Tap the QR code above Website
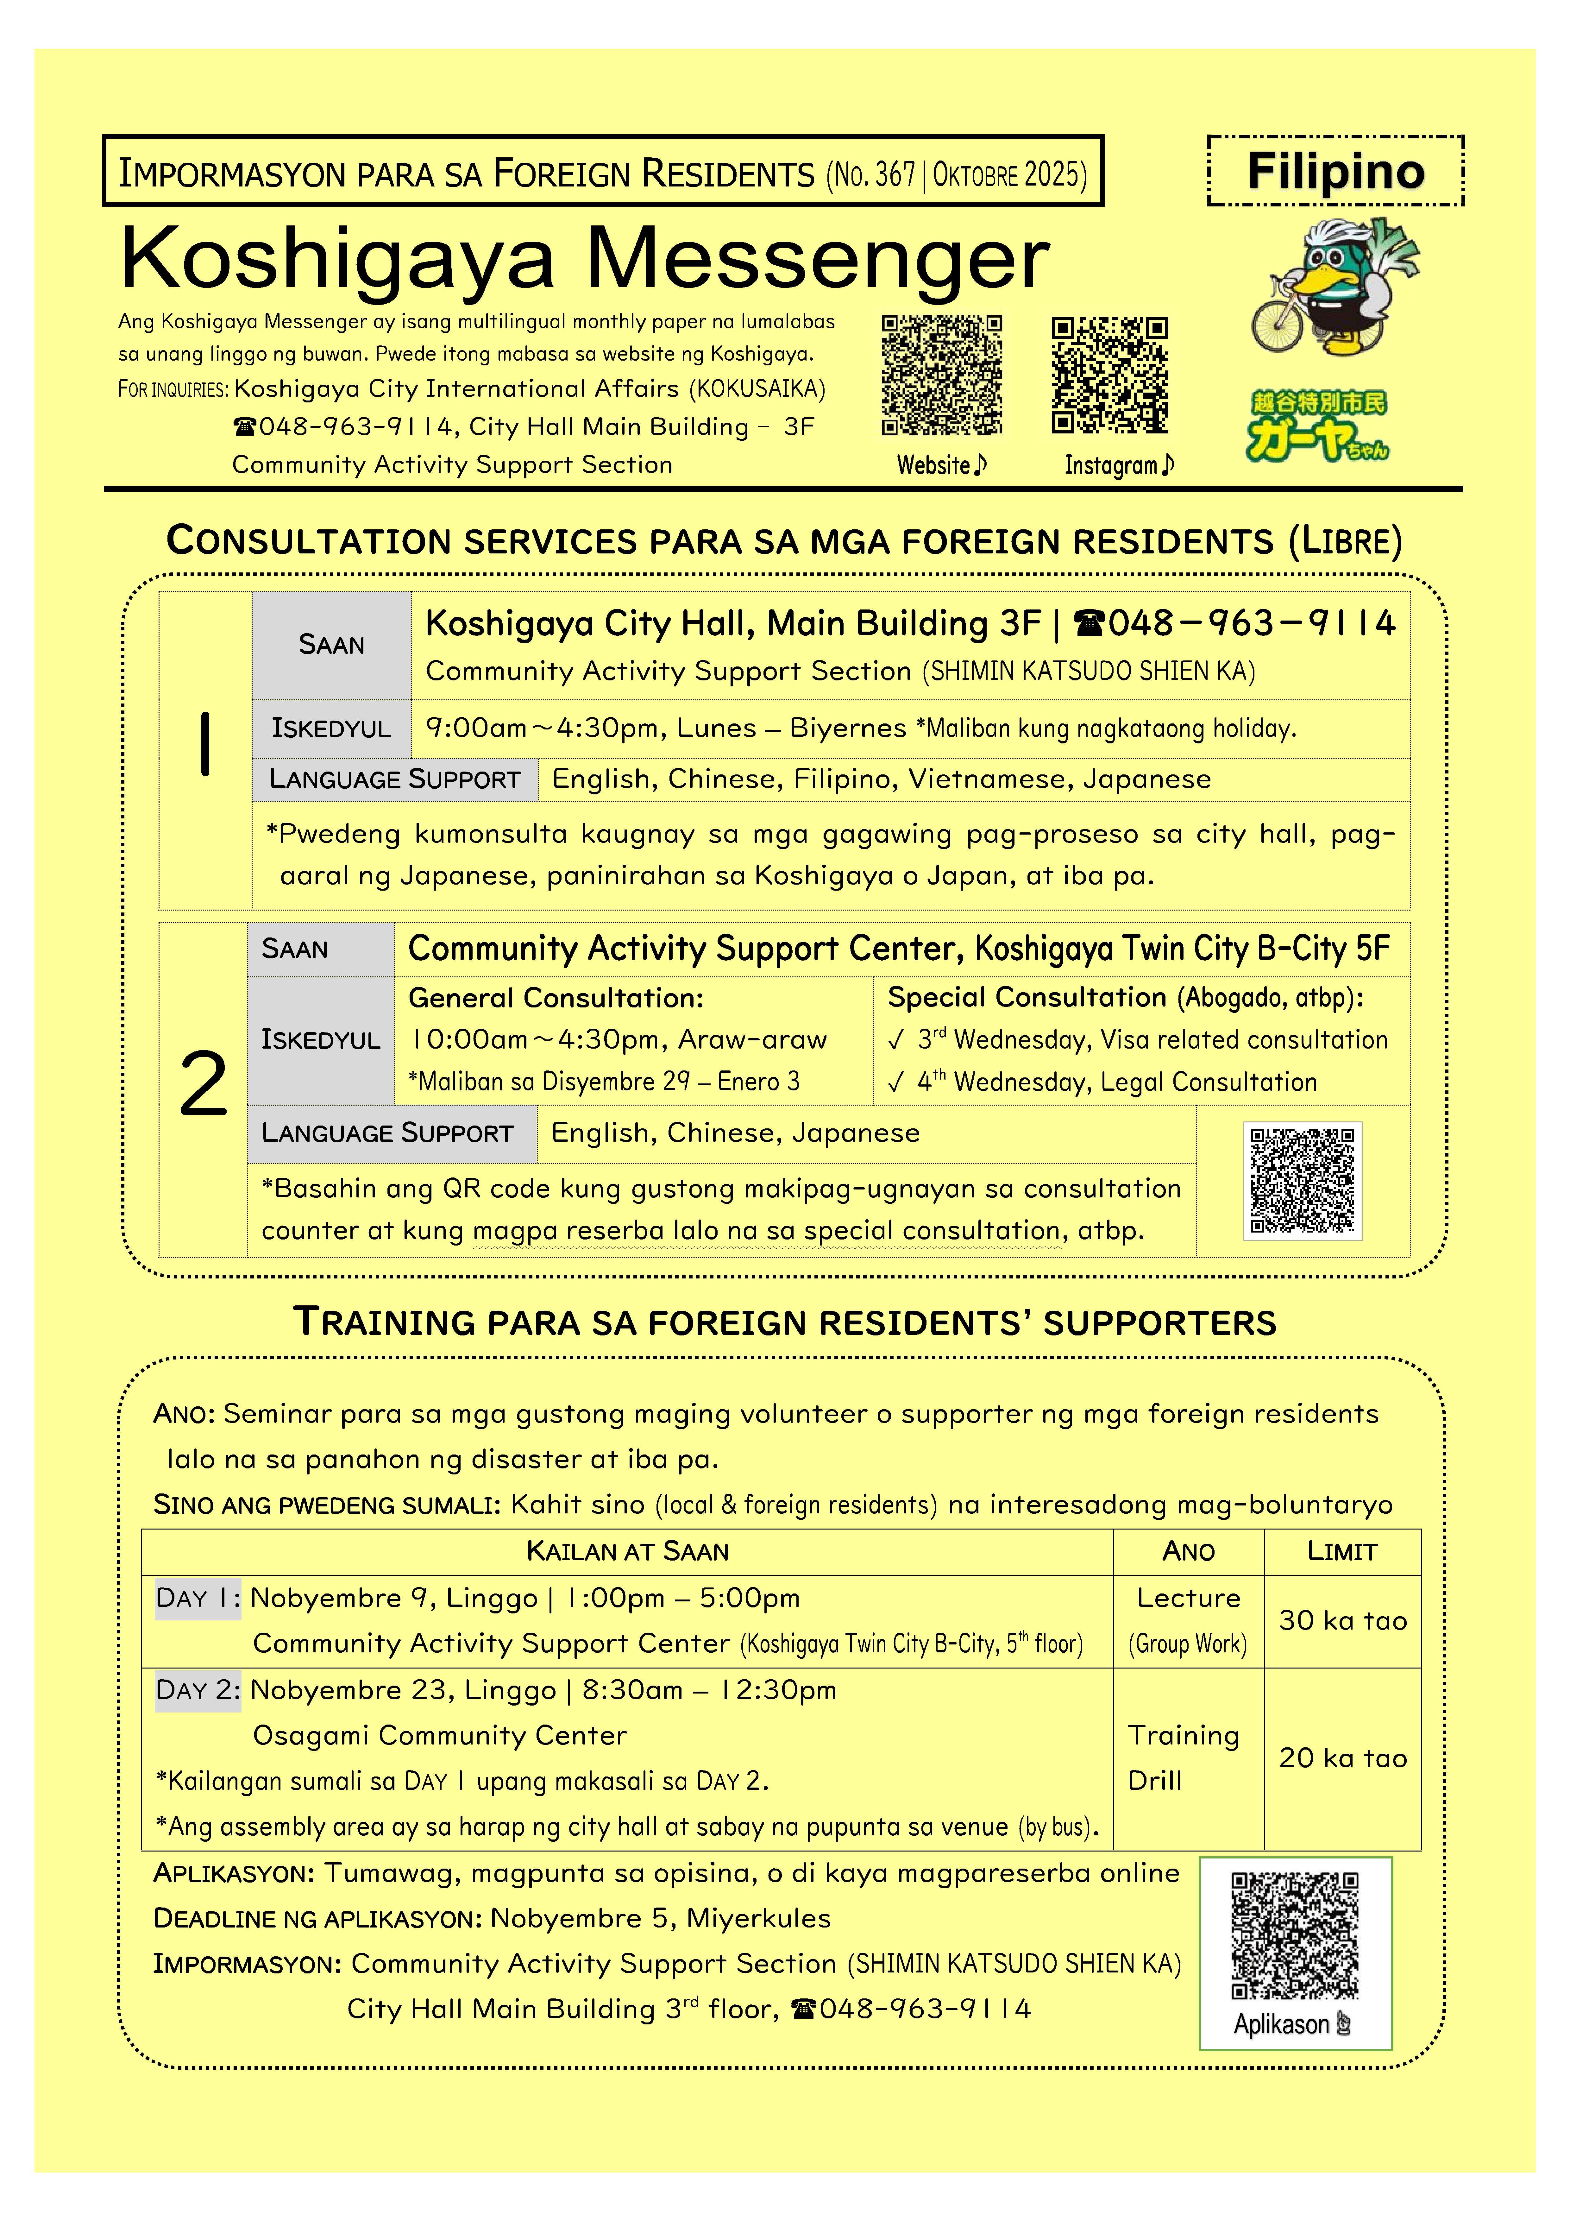pyautogui.click(x=941, y=375)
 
